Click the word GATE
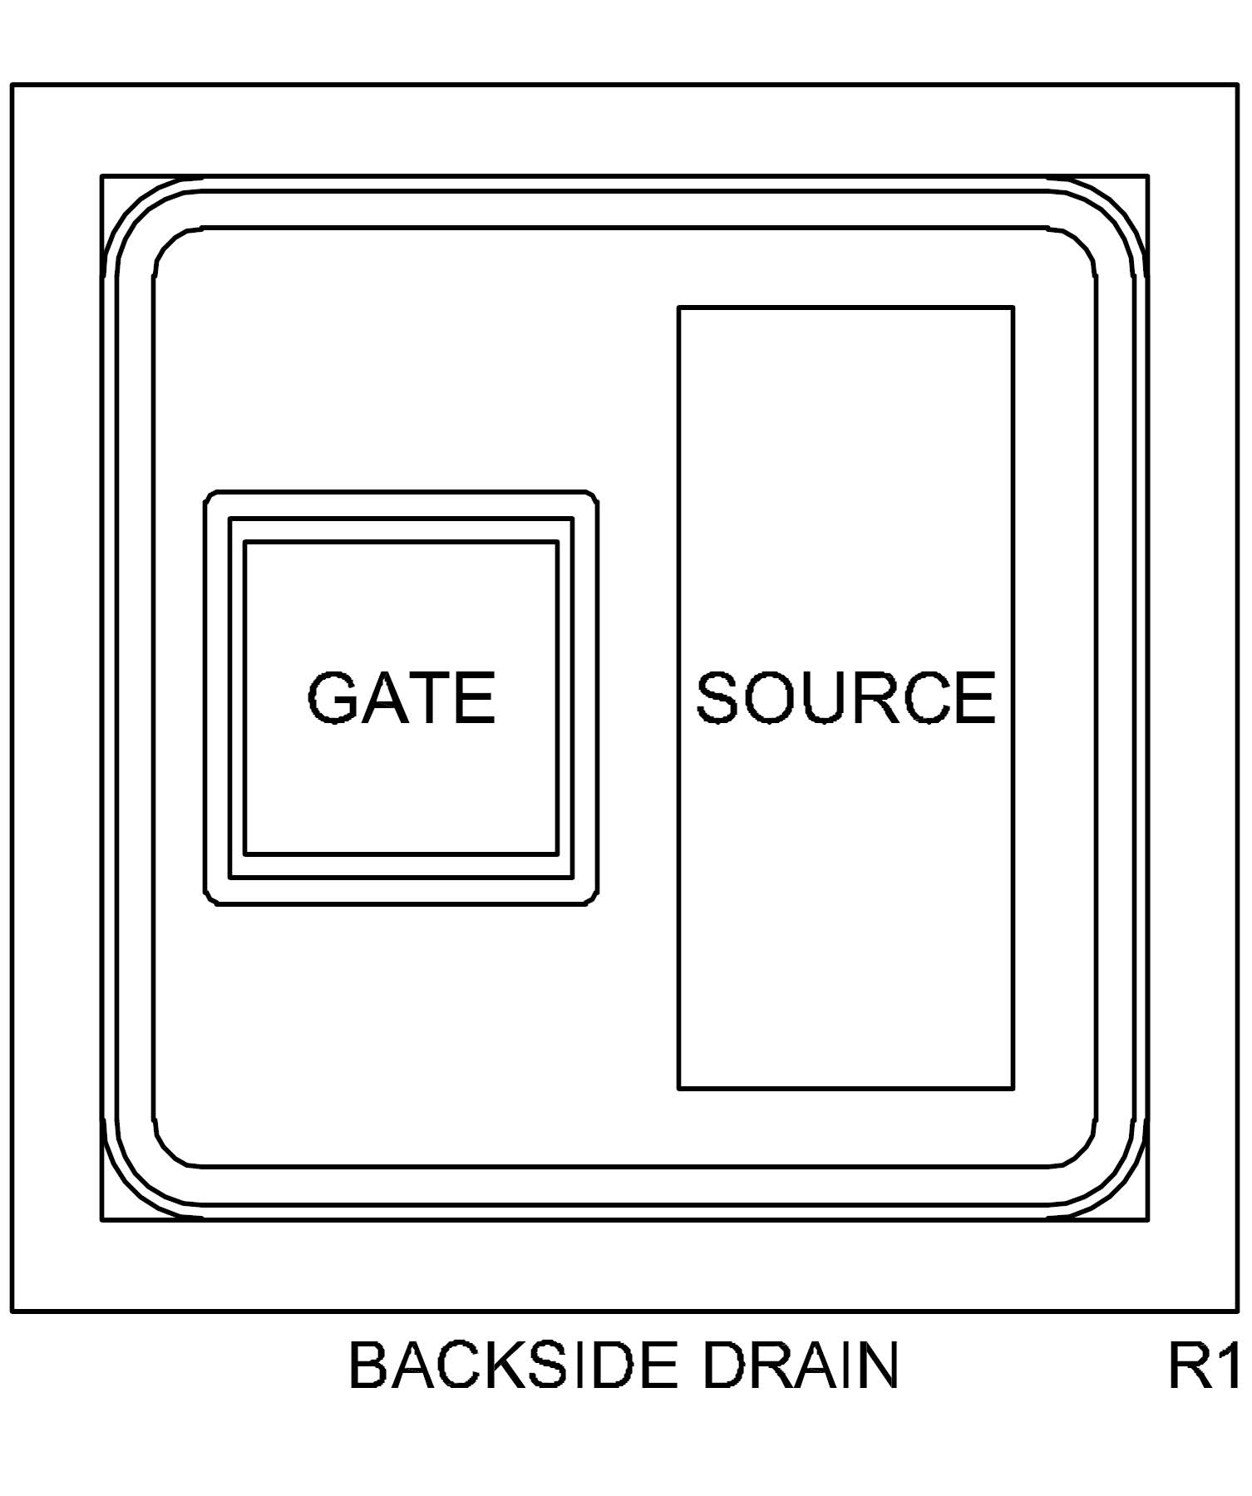(402, 697)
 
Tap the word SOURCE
(845, 697)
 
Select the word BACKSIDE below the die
(510, 1366)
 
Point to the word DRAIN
(801, 1366)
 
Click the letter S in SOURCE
(717, 697)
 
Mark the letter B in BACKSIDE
(366, 1366)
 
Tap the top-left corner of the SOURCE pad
(679, 308)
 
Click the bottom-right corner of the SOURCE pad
(1013, 1088)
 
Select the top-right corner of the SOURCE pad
(1013, 308)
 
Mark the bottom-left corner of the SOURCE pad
(679, 1088)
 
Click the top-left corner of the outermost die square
(12, 85)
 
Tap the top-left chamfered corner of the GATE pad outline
(210, 496)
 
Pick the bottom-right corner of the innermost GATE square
(557, 854)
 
